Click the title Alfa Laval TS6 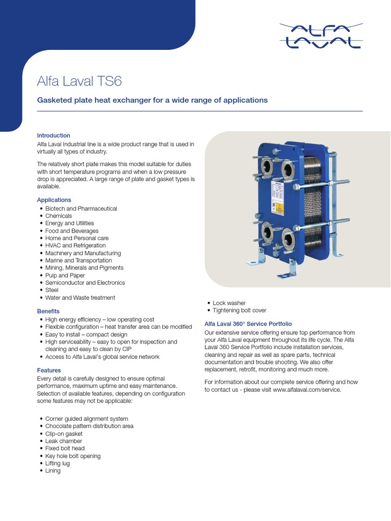point(79,81)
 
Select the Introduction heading point(53,135)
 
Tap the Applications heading point(54,200)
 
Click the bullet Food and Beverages point(72,230)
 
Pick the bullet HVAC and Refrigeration point(75,245)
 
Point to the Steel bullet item point(52,290)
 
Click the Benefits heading point(48,311)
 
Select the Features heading point(49,370)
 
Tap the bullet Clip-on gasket point(64,433)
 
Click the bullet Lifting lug point(58,464)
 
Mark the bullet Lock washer point(229,303)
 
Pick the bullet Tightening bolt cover point(239,310)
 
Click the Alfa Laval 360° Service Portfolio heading point(248,324)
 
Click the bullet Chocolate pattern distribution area point(89,426)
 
